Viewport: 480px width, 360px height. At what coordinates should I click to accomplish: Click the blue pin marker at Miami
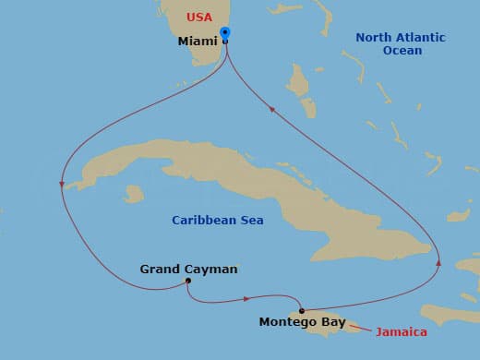[225, 35]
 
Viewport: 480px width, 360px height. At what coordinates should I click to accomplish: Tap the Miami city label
[198, 42]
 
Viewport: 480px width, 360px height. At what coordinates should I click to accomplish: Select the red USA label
[199, 18]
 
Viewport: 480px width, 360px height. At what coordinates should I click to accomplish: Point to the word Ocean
[402, 51]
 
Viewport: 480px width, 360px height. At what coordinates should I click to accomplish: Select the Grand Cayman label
[188, 270]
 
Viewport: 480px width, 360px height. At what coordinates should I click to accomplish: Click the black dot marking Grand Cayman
[187, 281]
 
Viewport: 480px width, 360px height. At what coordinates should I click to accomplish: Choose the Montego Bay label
[302, 322]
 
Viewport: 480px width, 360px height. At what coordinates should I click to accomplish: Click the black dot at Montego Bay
[302, 310]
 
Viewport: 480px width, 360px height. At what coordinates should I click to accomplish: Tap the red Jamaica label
[402, 330]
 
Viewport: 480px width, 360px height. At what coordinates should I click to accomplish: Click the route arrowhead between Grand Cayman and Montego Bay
[246, 298]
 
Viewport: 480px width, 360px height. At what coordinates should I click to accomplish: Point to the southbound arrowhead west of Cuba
[61, 185]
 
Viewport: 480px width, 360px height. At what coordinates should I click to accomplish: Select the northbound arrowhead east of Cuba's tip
[438, 263]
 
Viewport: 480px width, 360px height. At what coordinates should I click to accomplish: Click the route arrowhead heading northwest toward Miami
[271, 110]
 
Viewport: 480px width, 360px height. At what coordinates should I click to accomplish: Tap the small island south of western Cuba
[134, 195]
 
